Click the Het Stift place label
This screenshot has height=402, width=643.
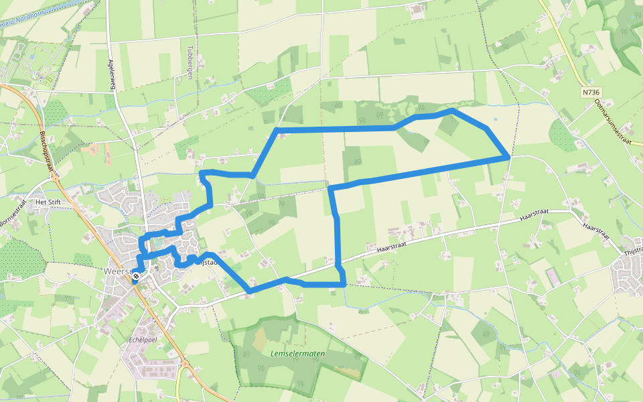49,201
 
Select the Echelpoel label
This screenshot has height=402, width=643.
141,339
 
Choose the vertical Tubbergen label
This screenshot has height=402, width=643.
190,62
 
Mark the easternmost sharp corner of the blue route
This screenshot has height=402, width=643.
509,157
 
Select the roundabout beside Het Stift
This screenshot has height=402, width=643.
54,179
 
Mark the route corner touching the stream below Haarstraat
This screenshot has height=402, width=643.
344,285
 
